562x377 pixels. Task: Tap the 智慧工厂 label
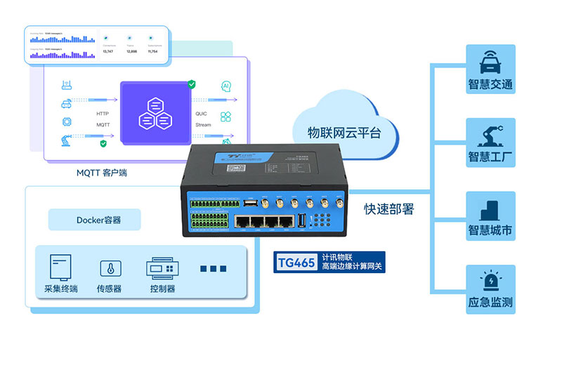pos(490,157)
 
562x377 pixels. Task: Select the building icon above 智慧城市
pos(490,209)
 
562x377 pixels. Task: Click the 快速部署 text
pos(388,209)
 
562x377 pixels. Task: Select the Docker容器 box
pos(94,220)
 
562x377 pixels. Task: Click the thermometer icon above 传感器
pos(109,268)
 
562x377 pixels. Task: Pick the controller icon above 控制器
pos(162,268)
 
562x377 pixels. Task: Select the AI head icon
pos(226,86)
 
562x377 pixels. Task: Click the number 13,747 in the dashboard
pos(108,51)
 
